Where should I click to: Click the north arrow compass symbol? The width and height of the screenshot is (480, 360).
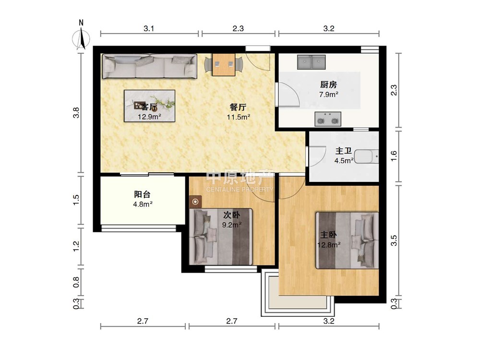point(81,37)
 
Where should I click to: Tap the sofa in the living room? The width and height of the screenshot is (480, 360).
point(149,66)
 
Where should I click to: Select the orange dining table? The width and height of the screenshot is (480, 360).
point(224,65)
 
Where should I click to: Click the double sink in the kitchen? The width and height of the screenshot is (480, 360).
point(312,62)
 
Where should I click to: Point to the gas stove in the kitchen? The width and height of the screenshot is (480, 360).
point(328,119)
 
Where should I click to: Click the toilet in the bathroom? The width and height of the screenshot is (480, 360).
point(366,156)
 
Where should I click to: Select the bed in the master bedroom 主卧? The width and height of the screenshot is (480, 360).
point(347,240)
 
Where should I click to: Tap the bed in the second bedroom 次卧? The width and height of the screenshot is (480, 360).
point(221,237)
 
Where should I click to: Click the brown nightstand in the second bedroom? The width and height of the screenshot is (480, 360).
point(196,202)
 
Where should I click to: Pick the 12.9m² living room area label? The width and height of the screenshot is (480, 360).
point(149,117)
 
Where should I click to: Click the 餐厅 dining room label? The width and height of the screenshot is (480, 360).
point(238,107)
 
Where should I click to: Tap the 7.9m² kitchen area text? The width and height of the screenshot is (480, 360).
point(328,94)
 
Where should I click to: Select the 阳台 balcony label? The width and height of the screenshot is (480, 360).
point(143,194)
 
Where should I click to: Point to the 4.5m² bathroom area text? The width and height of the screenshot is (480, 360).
point(344,160)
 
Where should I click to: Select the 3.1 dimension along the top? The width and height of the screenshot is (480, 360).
point(149,28)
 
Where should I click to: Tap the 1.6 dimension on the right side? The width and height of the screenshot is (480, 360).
point(394,156)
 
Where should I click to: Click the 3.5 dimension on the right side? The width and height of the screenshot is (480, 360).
point(394,240)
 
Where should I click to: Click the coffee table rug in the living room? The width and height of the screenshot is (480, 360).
point(149,106)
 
